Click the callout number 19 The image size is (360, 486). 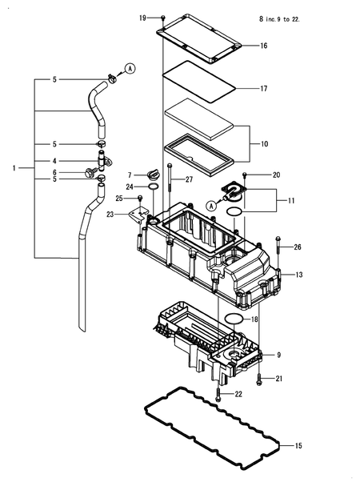point(142,18)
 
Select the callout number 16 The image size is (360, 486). point(264,46)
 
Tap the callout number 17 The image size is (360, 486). point(264,89)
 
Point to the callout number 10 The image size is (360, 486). point(264,144)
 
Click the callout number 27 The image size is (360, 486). point(189,180)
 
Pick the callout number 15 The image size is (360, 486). point(298,446)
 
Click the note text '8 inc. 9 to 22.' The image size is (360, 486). point(279,19)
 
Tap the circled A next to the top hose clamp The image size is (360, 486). point(130,68)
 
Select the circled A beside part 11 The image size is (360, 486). point(212,206)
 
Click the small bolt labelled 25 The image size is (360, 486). point(140,198)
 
